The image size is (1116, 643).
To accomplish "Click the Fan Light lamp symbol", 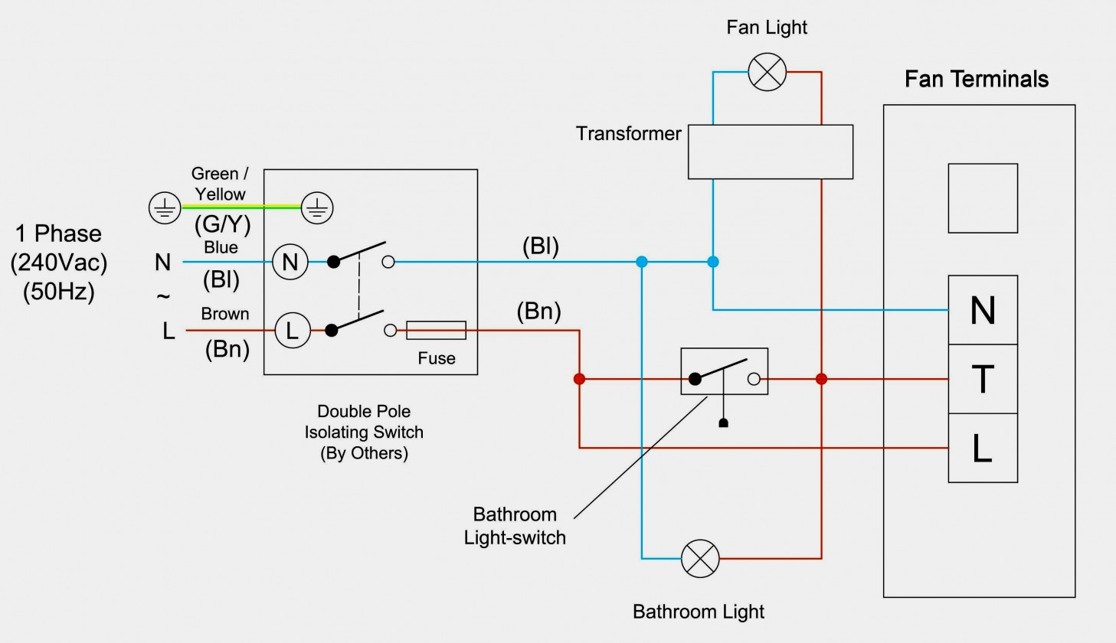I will click(767, 73).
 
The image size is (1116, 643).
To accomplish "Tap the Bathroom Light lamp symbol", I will click(700, 558).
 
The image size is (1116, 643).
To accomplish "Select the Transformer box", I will click(770, 152).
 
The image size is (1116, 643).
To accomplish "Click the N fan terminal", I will click(983, 310).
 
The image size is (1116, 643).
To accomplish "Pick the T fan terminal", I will click(983, 379).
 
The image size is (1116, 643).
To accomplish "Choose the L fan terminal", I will click(983, 448).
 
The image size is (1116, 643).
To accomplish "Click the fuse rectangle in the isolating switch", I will click(436, 331).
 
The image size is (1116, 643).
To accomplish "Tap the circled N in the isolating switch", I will click(290, 263).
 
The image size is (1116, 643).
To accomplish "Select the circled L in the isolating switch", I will click(292, 331).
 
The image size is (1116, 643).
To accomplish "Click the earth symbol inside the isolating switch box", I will click(317, 207).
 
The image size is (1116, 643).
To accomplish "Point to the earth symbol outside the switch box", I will click(165, 207).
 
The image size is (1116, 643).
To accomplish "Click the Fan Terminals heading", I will click(976, 79).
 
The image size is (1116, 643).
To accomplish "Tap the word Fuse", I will click(436, 358).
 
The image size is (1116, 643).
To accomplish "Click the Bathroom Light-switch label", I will click(515, 526).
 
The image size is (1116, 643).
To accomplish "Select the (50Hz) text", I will click(59, 292).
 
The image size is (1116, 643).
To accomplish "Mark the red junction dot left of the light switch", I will click(579, 379).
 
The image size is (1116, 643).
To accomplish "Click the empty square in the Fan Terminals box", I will click(983, 198).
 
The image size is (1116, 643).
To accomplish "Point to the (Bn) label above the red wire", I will click(538, 312).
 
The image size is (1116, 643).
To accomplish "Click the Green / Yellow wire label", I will click(220, 184).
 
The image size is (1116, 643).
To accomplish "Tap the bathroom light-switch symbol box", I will click(724, 372).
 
